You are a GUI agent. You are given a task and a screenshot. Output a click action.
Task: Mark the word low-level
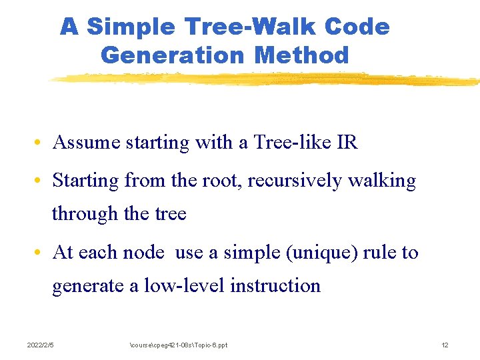(x=185, y=285)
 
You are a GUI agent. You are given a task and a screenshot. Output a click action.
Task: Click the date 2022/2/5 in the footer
(x=40, y=345)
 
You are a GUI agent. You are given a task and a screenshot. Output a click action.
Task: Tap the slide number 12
(x=445, y=345)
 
